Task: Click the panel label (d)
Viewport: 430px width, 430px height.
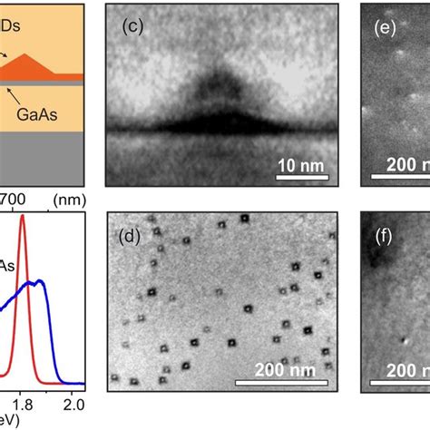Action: click(x=134, y=239)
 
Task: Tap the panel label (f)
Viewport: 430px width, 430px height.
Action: click(x=388, y=239)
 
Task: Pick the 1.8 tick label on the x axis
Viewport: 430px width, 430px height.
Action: click(x=22, y=405)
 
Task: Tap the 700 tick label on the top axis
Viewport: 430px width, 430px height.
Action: click(x=14, y=197)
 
